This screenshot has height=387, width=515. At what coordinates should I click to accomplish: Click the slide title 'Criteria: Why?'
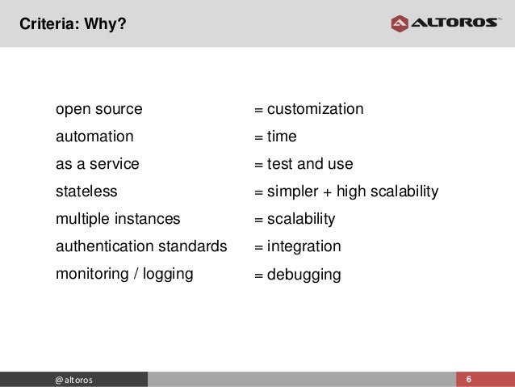click(73, 25)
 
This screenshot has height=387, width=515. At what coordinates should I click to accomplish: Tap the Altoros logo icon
click(400, 23)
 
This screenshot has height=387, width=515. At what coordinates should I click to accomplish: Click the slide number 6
click(469, 379)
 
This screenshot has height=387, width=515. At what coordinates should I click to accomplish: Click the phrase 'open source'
click(98, 109)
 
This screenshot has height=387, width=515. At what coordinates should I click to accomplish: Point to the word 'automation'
click(94, 137)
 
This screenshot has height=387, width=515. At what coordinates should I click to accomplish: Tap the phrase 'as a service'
click(97, 164)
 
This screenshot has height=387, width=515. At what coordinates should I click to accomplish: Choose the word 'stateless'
click(86, 191)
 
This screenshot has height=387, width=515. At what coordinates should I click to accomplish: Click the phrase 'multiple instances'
click(118, 219)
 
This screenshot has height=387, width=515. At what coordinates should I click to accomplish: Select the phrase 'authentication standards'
click(141, 246)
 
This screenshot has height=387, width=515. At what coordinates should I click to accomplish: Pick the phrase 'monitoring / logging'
click(124, 274)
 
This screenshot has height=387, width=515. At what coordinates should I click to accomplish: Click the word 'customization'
click(315, 109)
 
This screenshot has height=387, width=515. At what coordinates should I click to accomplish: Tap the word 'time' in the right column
click(282, 137)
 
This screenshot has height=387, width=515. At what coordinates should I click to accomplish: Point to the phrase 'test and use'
click(310, 164)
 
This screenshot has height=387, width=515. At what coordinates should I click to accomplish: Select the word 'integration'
click(304, 246)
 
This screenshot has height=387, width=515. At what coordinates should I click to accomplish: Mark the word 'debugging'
click(304, 276)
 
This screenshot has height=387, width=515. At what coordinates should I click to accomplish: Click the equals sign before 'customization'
click(259, 110)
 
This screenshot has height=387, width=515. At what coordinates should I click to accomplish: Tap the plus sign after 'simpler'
click(328, 192)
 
